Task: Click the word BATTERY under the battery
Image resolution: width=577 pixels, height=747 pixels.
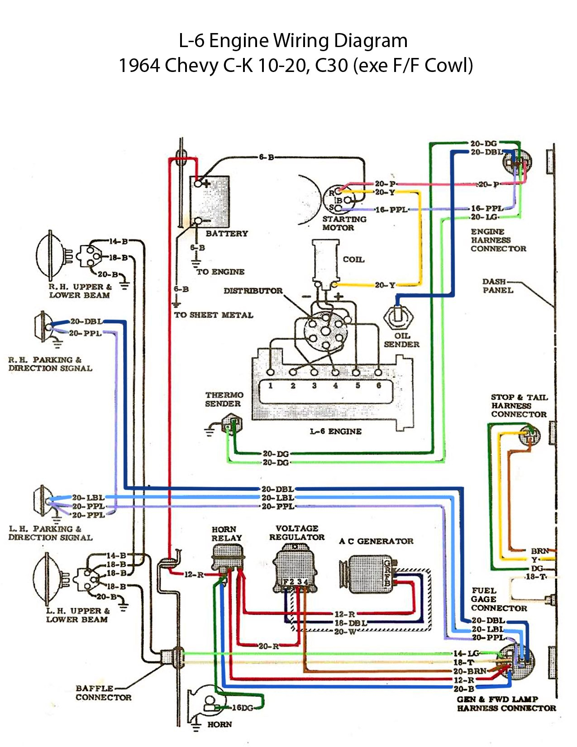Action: (x=227, y=234)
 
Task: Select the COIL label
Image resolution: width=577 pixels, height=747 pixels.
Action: (x=353, y=259)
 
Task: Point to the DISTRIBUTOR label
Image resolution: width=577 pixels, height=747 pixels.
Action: (x=253, y=291)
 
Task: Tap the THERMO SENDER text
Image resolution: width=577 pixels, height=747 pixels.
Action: (x=224, y=399)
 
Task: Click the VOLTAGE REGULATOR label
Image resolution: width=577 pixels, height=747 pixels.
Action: (x=297, y=533)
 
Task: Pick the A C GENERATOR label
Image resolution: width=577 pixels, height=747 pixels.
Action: (x=376, y=541)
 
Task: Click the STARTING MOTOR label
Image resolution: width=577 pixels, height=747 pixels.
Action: (x=344, y=223)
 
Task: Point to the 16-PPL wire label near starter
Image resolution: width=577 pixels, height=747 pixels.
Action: (x=391, y=210)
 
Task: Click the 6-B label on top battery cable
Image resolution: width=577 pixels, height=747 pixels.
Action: (x=267, y=157)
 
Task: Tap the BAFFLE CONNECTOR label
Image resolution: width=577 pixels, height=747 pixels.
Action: (x=104, y=693)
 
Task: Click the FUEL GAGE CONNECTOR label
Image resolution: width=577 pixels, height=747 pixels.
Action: (x=499, y=599)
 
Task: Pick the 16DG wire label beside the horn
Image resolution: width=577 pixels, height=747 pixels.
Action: (x=243, y=708)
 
